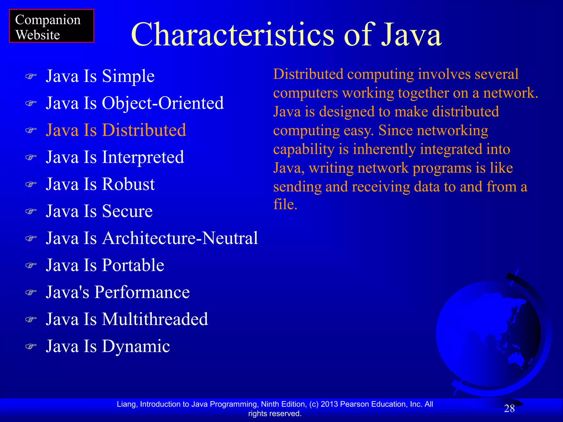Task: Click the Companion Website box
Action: click(51, 26)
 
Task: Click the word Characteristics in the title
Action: click(233, 35)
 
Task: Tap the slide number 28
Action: click(509, 409)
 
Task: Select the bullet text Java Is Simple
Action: click(100, 76)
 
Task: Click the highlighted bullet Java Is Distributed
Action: click(116, 130)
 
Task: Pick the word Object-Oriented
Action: click(163, 103)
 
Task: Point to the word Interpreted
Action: click(143, 157)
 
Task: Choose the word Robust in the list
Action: click(128, 184)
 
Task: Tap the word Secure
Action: click(127, 211)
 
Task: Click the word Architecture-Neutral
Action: click(180, 238)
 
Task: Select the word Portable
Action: click(133, 265)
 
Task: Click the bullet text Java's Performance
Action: click(118, 292)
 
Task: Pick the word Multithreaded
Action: click(155, 319)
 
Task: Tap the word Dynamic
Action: click(136, 346)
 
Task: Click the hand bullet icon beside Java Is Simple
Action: click(31, 76)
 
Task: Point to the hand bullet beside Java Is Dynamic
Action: click(31, 346)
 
